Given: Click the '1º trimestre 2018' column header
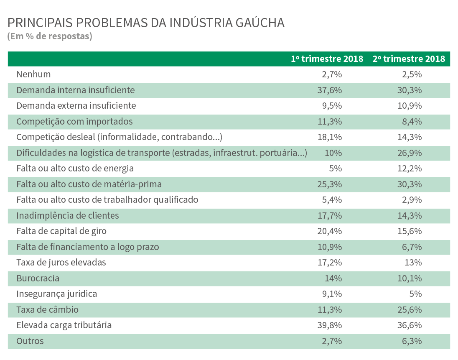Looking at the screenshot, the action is tap(327, 59).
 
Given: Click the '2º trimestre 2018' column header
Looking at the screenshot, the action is tap(409, 59).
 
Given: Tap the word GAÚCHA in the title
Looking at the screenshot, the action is tap(260, 23).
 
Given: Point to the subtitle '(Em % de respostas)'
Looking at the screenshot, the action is tap(50, 36).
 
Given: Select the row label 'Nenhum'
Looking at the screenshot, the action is tap(33, 74).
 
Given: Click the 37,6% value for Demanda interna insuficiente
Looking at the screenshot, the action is tap(329, 90).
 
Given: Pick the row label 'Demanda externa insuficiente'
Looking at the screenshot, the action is tap(76, 105).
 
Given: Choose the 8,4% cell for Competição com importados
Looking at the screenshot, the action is tap(412, 121).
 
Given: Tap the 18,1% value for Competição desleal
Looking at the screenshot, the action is tap(330, 137).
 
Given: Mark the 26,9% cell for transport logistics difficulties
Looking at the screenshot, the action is tap(410, 153).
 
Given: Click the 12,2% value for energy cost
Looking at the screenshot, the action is tap(410, 169).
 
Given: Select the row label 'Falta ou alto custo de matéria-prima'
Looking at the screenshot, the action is tap(89, 184).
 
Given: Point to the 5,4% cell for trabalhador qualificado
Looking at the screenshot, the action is tap(332, 200).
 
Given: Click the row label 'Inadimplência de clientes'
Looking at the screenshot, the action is tap(68, 216).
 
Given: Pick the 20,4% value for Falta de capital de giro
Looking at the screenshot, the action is tap(329, 231).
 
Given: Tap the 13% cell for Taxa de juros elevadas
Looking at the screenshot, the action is tap(413, 263).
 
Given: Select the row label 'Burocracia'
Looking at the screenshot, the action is tap(38, 278).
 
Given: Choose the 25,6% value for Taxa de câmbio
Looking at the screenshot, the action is tap(410, 309).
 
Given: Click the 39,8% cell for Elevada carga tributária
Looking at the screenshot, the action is tap(329, 325).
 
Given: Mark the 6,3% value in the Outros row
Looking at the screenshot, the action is tap(412, 341).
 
